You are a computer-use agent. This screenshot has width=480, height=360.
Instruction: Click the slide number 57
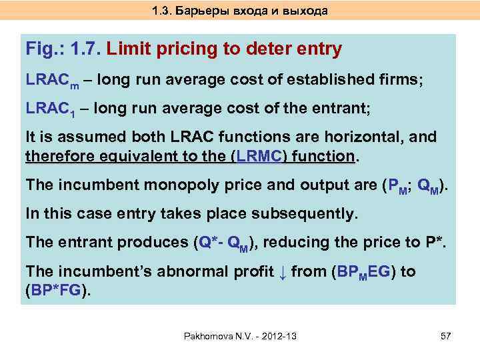tap(446, 336)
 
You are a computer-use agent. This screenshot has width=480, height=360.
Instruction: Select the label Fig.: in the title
tap(43, 49)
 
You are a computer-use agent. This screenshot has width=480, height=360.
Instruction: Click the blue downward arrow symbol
tap(281, 271)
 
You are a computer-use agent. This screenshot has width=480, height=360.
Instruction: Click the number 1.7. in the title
tap(85, 49)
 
